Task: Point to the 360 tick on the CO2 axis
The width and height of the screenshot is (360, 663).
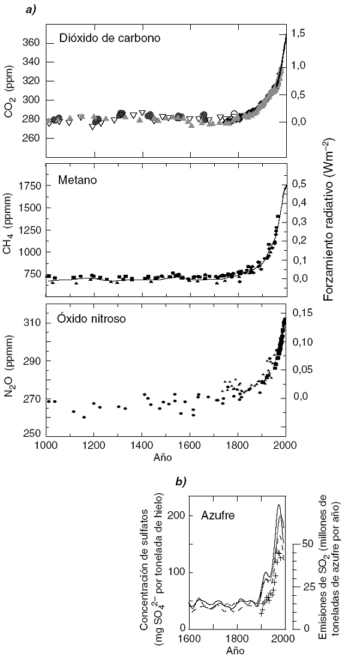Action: (31, 43)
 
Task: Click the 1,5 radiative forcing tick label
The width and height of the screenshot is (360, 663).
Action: (299, 34)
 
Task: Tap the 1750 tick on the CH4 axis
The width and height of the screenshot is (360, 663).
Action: (28, 186)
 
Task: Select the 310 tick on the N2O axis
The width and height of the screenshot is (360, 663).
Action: (31, 323)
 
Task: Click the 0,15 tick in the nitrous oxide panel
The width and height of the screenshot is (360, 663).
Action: (302, 312)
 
